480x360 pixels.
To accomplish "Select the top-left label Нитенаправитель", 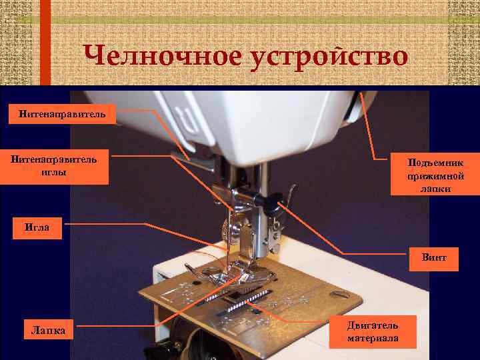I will point(62,114).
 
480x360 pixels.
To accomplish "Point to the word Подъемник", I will point(435,163).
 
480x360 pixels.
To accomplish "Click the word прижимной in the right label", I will point(435,176).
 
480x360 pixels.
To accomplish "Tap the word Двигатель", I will point(373,325).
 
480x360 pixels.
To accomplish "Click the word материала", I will point(373,338).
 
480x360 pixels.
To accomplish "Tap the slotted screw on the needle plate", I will point(340,293).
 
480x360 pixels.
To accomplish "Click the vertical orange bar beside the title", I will point(45,43).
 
